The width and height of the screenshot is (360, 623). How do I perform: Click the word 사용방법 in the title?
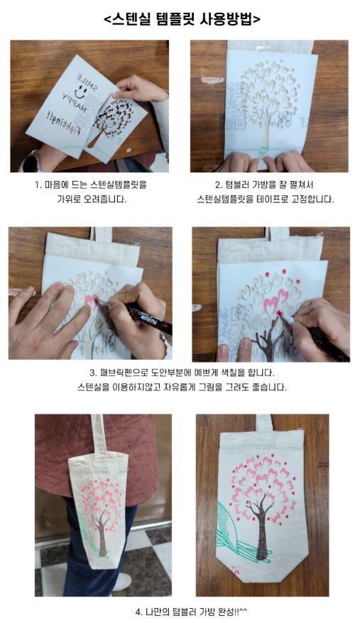point(230,19)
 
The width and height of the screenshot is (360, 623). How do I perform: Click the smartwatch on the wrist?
point(28,162)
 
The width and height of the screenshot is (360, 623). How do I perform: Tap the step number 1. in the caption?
point(38,185)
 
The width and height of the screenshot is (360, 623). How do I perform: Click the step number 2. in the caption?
point(218,185)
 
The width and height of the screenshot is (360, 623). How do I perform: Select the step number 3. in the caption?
point(94,373)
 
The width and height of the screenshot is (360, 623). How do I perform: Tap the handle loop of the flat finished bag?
point(263,423)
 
